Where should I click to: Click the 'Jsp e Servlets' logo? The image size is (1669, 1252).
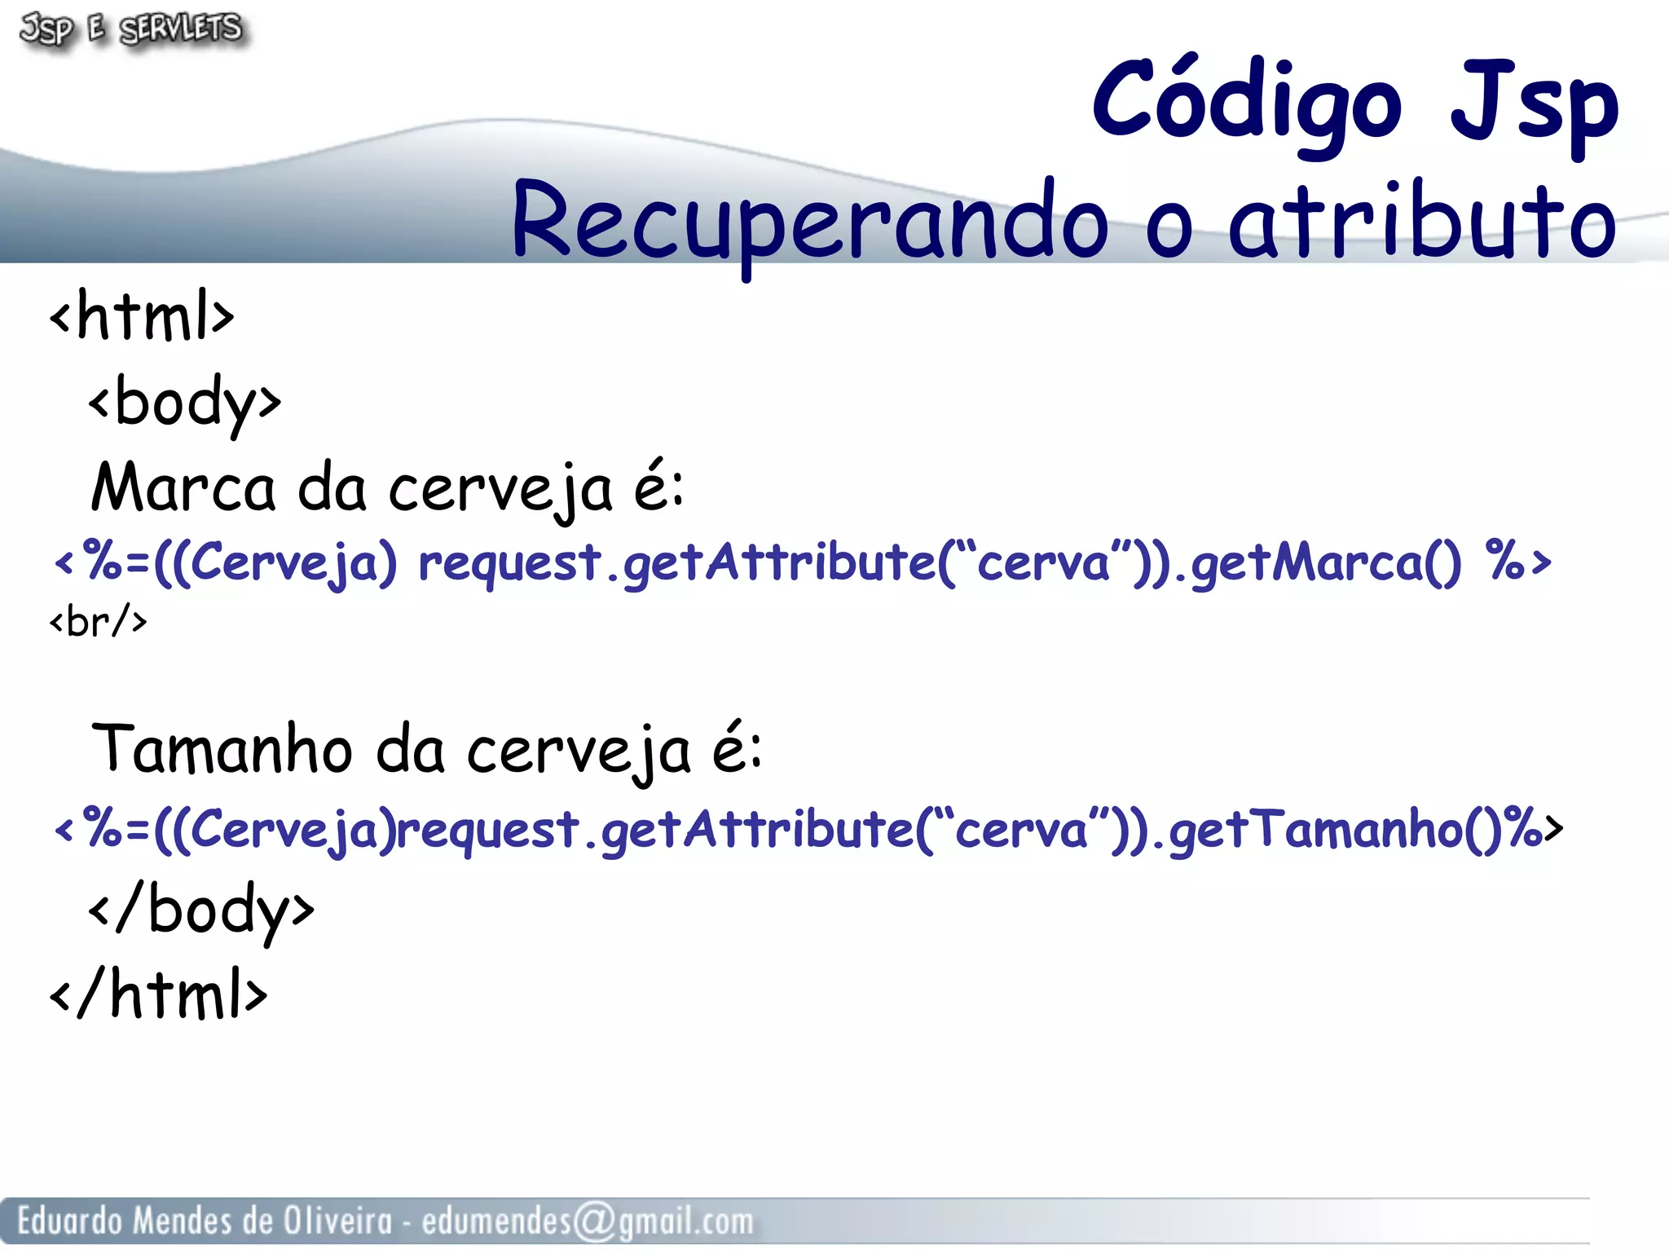pyautogui.click(x=131, y=29)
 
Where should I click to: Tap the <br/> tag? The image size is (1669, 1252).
pyautogui.click(x=99, y=623)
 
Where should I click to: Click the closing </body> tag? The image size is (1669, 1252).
pyautogui.click(x=201, y=910)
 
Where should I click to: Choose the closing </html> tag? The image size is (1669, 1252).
pyautogui.click(x=158, y=994)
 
